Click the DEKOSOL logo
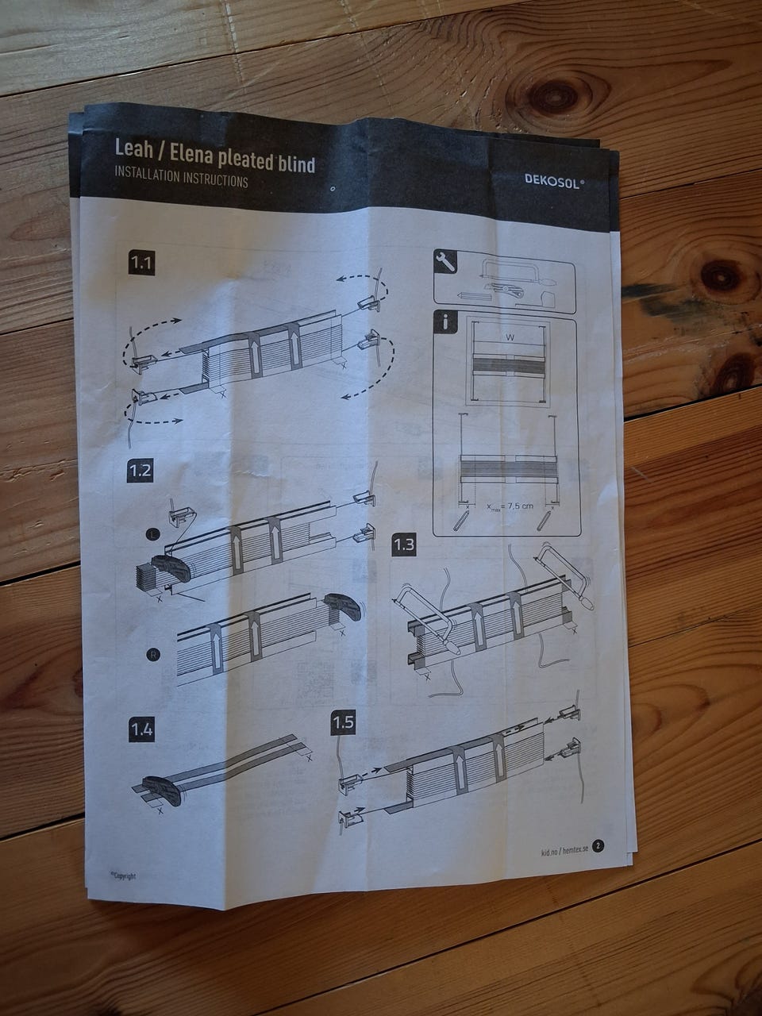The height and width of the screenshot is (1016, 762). point(554,181)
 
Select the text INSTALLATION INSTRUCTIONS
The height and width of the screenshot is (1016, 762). point(181,176)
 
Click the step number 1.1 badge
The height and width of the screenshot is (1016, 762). point(141,264)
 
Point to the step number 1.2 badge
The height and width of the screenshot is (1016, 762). point(140,470)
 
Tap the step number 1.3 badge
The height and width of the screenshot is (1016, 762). point(403,545)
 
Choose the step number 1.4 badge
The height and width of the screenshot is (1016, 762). point(141,730)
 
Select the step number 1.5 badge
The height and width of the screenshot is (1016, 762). point(343,722)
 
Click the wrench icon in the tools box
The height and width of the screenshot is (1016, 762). point(445,262)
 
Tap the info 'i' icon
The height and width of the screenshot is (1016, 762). point(445,321)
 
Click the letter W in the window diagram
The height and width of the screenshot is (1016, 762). point(510,338)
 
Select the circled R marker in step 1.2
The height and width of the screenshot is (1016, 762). point(153,655)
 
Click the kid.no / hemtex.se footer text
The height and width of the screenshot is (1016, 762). point(564,850)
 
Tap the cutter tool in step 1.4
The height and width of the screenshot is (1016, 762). point(161,790)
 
